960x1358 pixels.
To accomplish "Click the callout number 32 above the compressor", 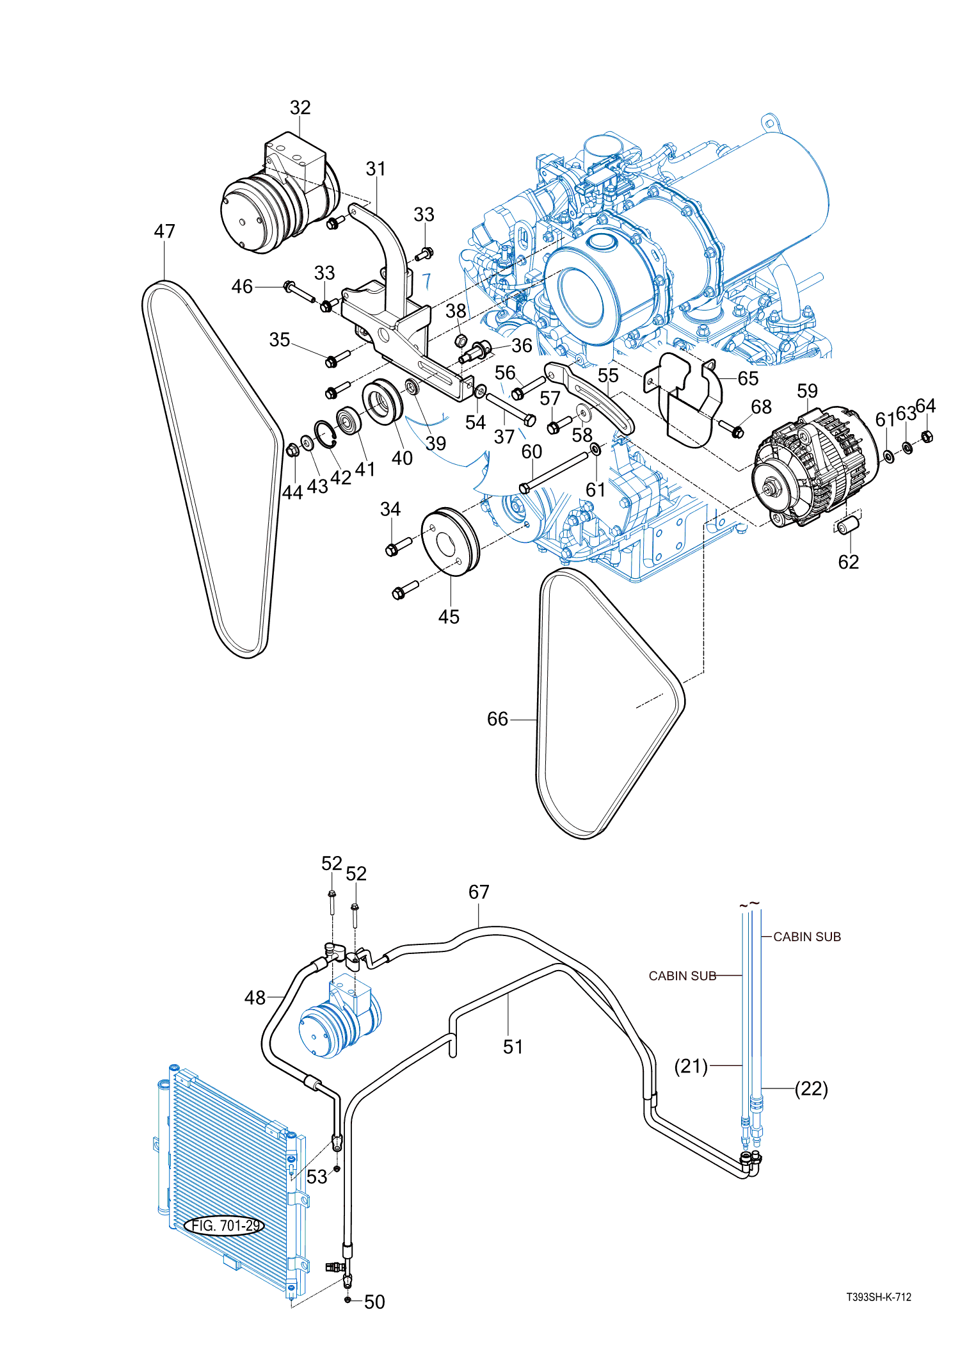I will click(x=300, y=108).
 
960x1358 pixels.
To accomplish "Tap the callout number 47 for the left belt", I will click(x=164, y=231).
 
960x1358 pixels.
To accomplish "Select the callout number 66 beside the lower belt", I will click(x=497, y=719).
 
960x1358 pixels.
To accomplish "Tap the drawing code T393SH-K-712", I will click(x=878, y=1297).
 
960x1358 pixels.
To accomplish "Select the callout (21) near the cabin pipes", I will click(x=691, y=1066).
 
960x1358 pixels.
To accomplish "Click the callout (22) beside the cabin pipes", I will click(x=812, y=1088).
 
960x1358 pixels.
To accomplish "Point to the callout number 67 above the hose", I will click(x=479, y=892).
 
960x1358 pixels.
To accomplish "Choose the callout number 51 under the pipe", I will click(x=513, y=1047).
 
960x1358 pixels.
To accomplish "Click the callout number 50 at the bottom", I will click(x=374, y=1302).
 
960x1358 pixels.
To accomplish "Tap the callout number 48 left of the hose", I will click(x=255, y=998).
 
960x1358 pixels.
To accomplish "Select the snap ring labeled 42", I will click(x=325, y=435).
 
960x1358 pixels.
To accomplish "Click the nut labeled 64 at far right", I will click(x=927, y=437).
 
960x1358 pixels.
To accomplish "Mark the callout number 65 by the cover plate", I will click(x=748, y=378).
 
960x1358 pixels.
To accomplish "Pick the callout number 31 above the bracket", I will click(x=376, y=169).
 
